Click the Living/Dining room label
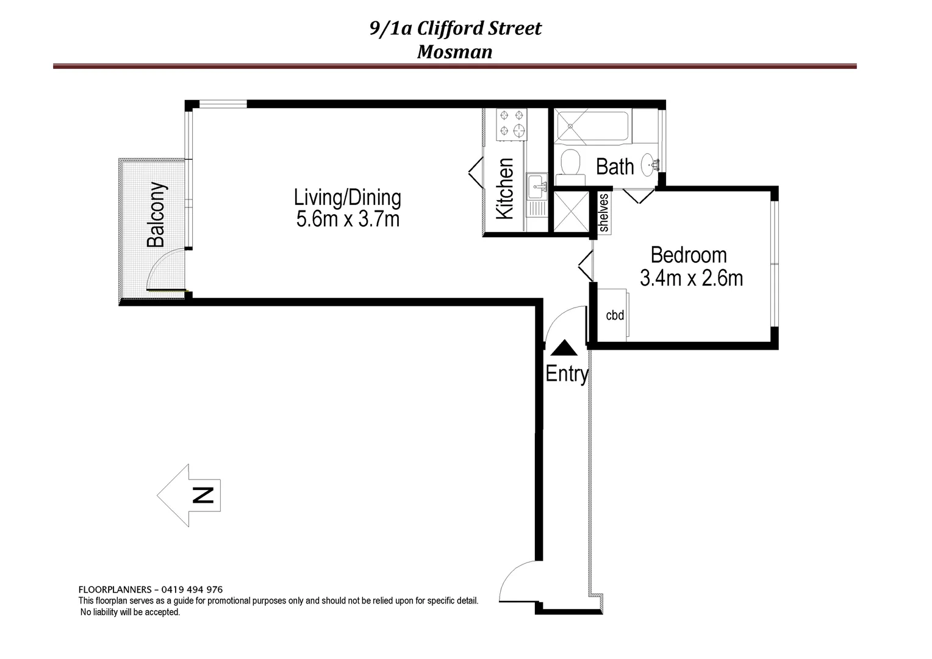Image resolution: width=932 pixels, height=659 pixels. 348,198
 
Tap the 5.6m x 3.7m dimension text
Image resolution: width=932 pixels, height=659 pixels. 348,218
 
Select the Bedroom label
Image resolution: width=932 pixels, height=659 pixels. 689,255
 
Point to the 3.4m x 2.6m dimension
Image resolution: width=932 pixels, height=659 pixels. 691,278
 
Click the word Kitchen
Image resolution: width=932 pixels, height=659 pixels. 506,189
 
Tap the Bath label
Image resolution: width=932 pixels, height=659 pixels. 614,167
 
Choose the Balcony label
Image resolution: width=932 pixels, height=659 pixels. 156,214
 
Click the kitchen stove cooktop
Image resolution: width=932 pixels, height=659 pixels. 511,122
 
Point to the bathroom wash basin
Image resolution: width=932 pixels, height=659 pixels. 650,164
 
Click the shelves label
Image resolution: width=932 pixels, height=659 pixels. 604,213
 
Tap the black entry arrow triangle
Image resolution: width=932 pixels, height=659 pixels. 564,348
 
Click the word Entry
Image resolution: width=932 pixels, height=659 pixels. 567,373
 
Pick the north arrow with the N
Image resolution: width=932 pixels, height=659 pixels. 189,494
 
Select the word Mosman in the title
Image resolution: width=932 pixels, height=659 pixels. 454,52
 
